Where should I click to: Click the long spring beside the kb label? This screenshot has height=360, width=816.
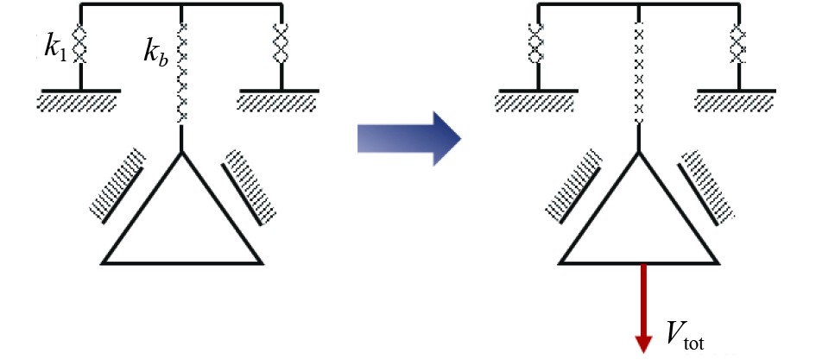182,73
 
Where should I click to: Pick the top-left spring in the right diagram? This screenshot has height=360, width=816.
537,43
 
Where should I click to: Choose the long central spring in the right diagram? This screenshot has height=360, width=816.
639,73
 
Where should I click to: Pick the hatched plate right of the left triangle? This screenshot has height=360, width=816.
248,183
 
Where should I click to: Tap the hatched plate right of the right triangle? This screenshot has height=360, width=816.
705,183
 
